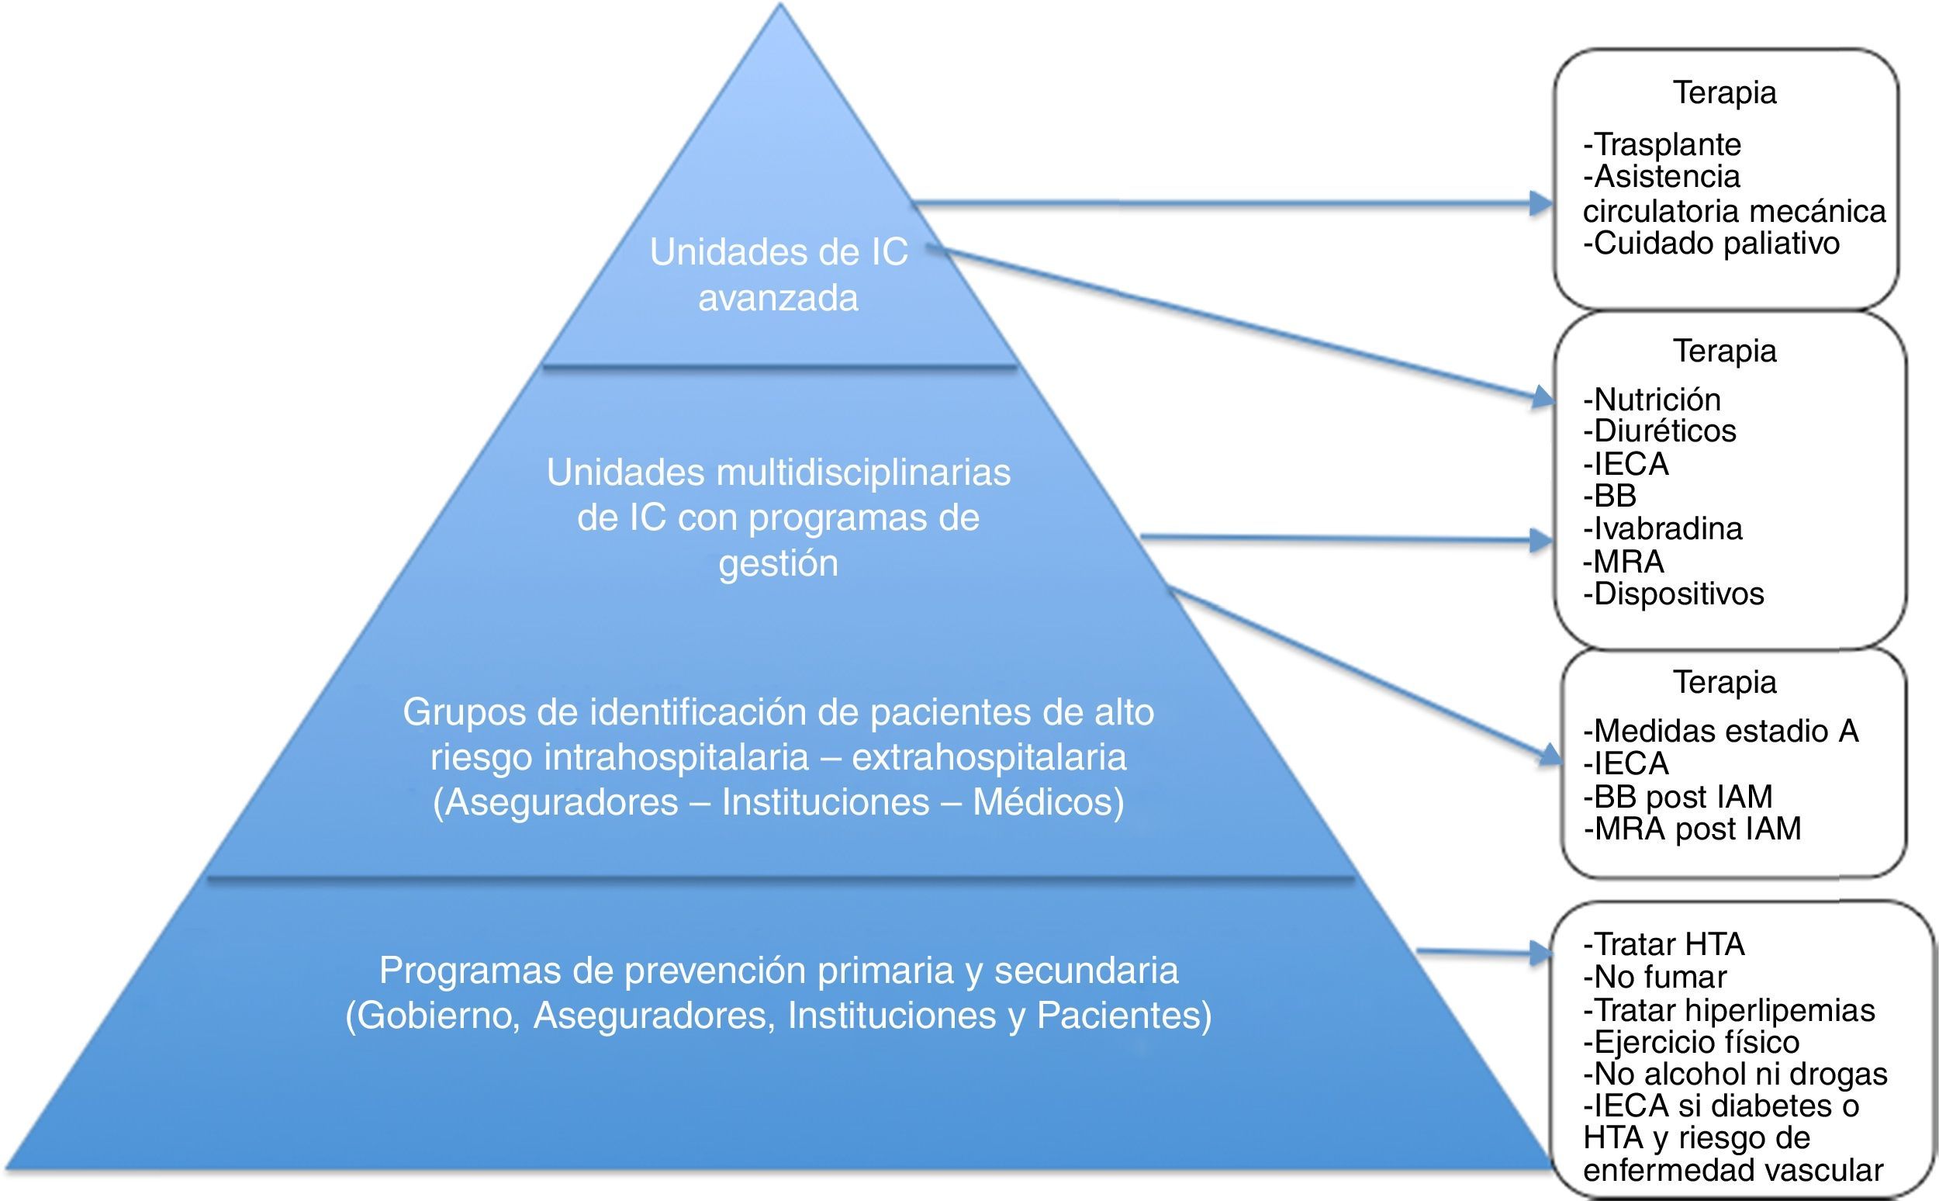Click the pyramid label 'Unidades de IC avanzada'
click(x=778, y=275)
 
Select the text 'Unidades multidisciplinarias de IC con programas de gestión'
click(x=778, y=517)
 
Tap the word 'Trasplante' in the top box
click(x=1667, y=144)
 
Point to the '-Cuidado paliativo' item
click(x=1711, y=243)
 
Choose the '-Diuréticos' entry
click(x=1660, y=431)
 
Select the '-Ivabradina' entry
click(x=1663, y=528)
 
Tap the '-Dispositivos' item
click(x=1674, y=594)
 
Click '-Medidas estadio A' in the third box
click(x=1720, y=731)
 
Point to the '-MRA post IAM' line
click(x=1692, y=829)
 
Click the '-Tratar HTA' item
click(x=1664, y=944)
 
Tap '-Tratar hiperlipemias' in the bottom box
click(x=1729, y=1010)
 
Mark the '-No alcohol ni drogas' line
click(x=1735, y=1074)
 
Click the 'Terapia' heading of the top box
click(x=1725, y=92)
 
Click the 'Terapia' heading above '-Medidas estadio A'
click(x=1725, y=681)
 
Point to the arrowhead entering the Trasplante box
click(x=1542, y=204)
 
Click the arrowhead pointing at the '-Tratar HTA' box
click(x=1542, y=953)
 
